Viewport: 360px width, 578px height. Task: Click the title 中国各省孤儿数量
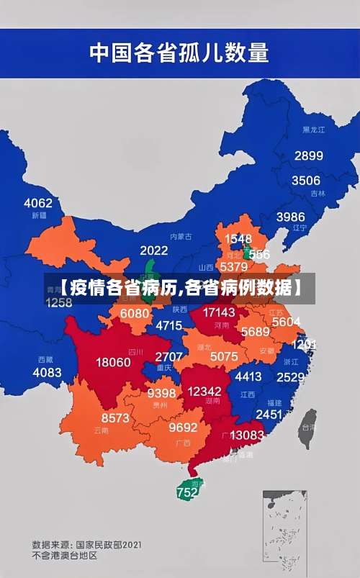(179, 53)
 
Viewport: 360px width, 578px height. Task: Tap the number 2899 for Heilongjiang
(308, 155)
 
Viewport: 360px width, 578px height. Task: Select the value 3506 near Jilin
(305, 181)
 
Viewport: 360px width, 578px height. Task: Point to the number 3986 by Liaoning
(290, 216)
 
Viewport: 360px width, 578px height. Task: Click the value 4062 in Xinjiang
(38, 202)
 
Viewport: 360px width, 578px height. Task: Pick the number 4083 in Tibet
(48, 372)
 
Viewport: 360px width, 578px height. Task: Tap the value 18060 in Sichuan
(114, 362)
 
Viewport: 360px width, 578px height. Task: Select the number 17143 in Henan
(218, 312)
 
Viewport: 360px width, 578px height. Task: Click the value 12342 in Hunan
(204, 390)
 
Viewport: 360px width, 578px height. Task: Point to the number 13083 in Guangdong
(247, 435)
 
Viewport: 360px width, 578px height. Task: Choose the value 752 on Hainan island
(186, 493)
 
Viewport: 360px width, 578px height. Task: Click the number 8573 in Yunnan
(115, 417)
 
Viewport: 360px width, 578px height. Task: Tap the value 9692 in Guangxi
(183, 427)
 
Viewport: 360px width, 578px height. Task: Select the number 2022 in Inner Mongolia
(153, 250)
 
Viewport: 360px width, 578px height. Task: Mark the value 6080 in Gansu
(135, 313)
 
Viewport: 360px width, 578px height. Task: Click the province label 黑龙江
(313, 130)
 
